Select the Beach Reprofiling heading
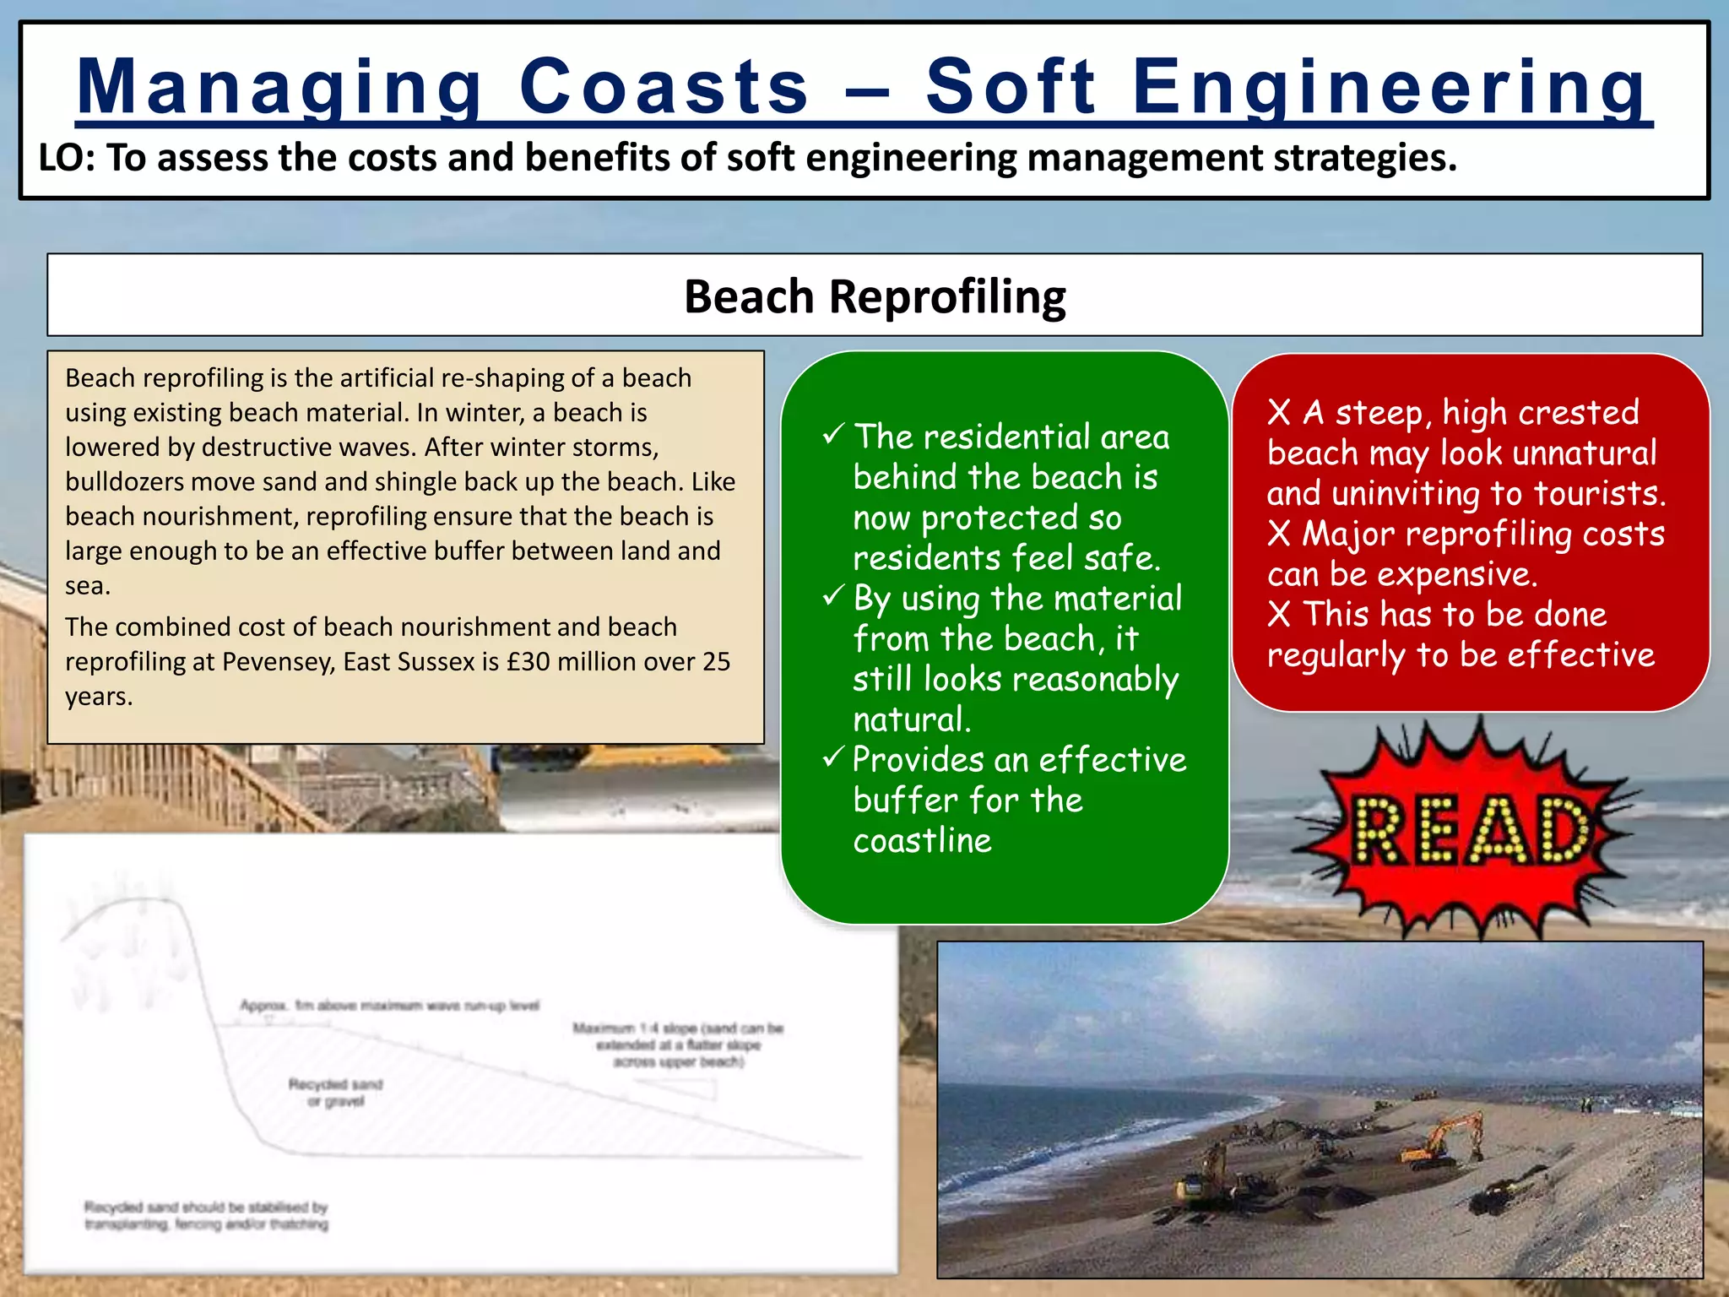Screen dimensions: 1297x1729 [875, 296]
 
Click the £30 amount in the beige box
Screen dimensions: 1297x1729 [528, 661]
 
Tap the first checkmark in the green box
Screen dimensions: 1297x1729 [833, 436]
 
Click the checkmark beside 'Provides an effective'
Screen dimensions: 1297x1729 [833, 757]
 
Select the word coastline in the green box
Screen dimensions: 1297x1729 [922, 840]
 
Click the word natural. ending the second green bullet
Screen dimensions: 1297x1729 [912, 719]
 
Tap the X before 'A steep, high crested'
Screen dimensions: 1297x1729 [1278, 413]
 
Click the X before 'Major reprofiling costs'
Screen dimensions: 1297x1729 [1278, 534]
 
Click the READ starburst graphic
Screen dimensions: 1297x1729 [1470, 831]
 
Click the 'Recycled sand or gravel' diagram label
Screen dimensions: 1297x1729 [335, 1092]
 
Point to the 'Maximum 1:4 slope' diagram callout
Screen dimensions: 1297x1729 [678, 1045]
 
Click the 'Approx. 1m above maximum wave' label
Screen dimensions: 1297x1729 [389, 1005]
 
